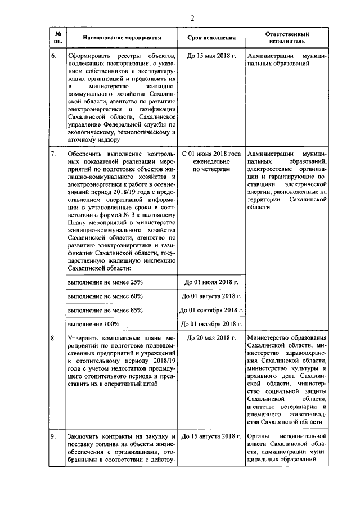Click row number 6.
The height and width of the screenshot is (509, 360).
[53, 57]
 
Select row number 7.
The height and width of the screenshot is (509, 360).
[53, 153]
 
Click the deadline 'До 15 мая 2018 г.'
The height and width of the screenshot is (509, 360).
[211, 57]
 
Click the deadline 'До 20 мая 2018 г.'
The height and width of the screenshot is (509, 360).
[211, 337]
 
